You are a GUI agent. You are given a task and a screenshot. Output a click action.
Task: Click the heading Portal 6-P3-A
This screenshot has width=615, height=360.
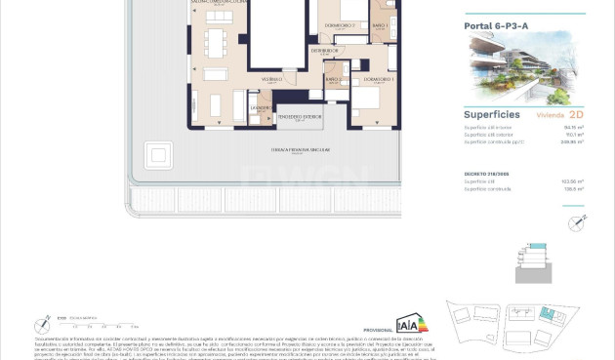pyautogui.click(x=498, y=25)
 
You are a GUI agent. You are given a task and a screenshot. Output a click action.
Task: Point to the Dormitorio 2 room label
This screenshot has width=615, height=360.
pyautogui.click(x=339, y=24)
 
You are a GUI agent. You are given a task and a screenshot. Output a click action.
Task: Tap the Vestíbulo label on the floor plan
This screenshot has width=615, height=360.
pyautogui.click(x=270, y=80)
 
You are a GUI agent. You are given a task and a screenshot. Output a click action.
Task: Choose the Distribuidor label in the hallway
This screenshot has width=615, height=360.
pyautogui.click(x=325, y=50)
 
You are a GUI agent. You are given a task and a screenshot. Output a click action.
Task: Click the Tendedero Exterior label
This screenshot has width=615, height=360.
pyautogui.click(x=298, y=118)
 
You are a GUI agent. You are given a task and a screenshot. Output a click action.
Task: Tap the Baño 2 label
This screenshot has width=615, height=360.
pyautogui.click(x=333, y=79)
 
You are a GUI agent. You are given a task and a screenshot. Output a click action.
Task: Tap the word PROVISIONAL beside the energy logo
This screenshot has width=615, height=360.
pyautogui.click(x=377, y=331)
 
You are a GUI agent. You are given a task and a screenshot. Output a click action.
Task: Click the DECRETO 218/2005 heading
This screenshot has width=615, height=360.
pyautogui.click(x=486, y=173)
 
